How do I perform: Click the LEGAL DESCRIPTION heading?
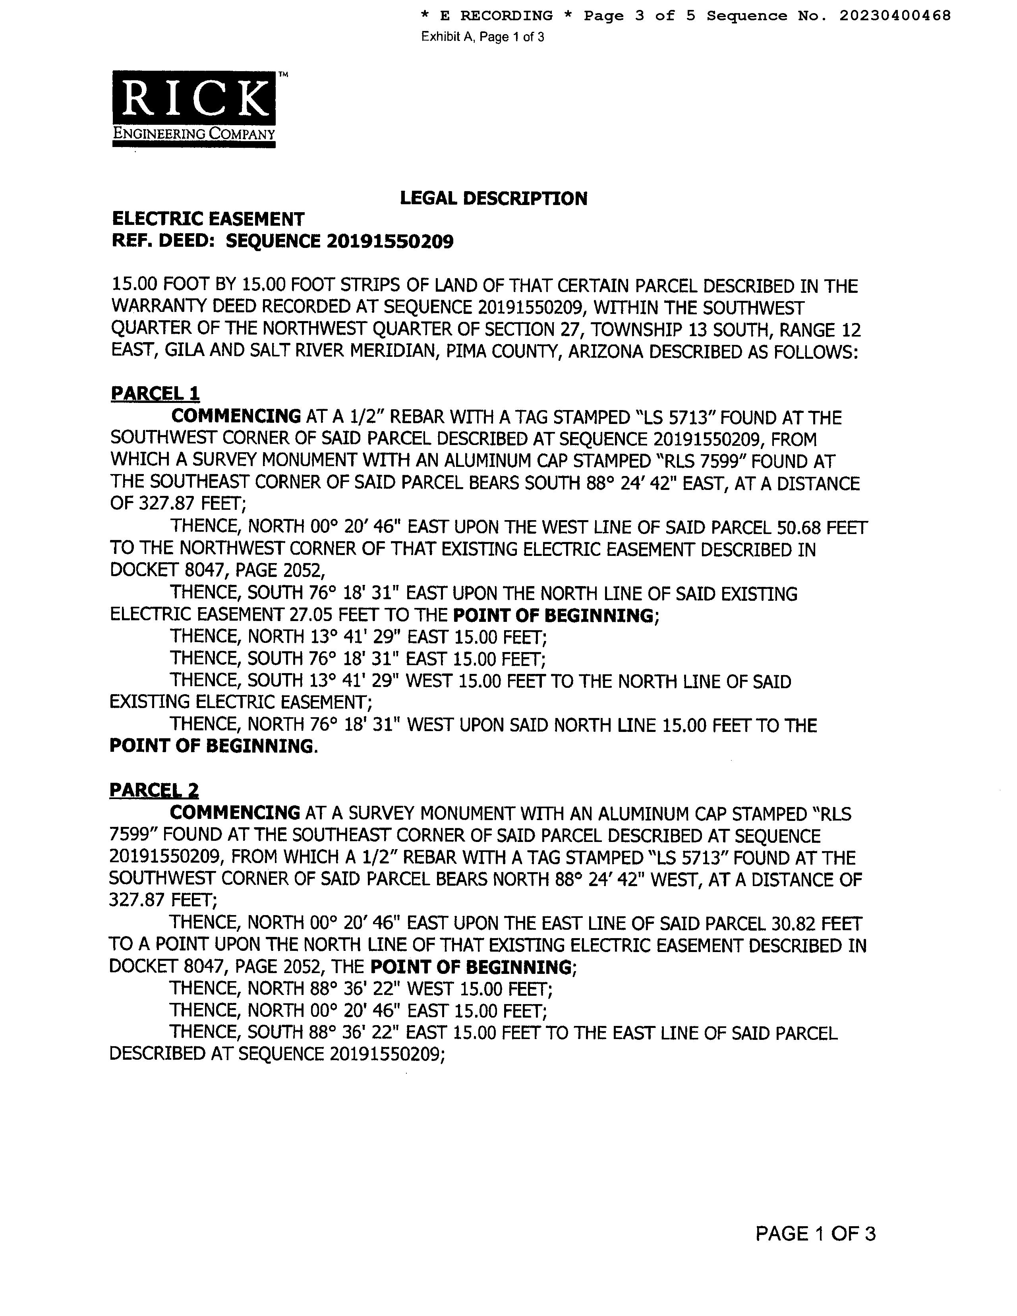[x=493, y=198]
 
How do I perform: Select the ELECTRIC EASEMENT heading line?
[x=208, y=219]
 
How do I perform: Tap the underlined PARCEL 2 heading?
[x=154, y=790]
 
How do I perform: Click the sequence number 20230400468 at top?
[x=895, y=15]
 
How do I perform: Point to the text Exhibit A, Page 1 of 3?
[x=483, y=37]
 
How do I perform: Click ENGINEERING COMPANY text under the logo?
[x=193, y=134]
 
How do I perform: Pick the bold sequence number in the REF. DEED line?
[x=390, y=242]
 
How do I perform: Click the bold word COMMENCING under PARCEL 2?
[x=235, y=813]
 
